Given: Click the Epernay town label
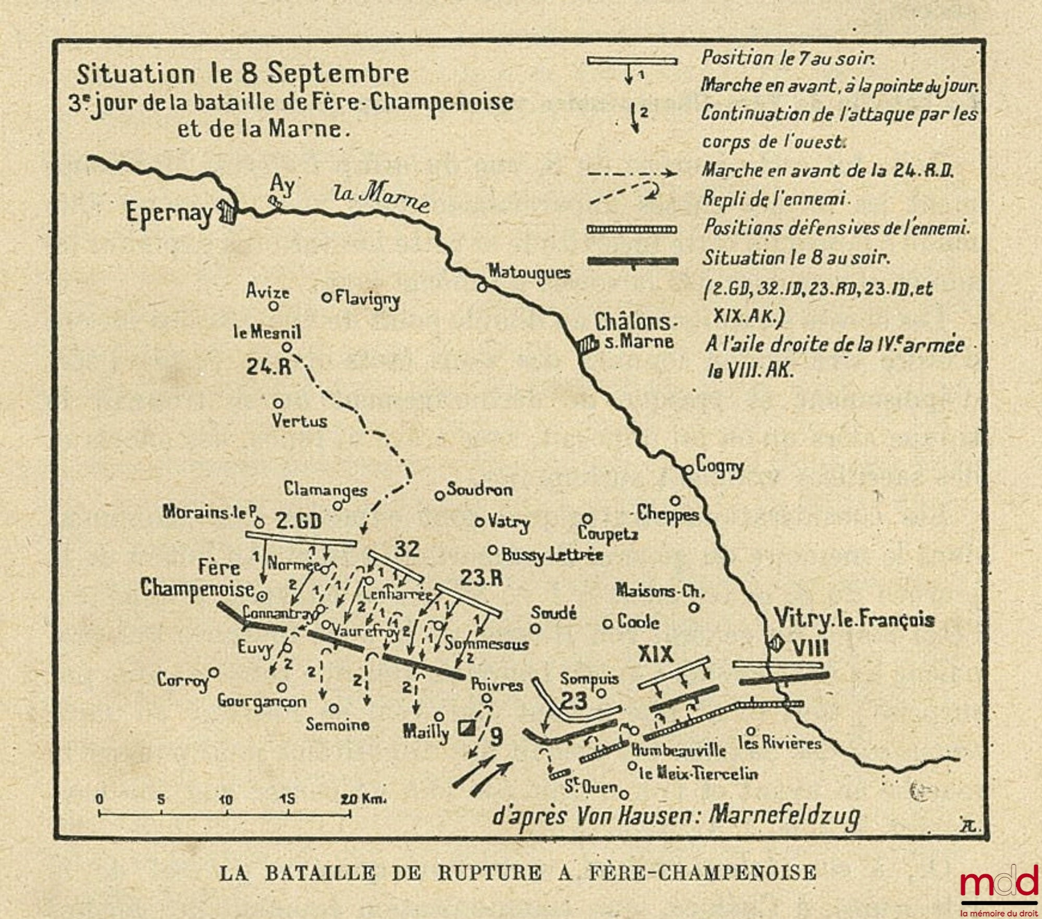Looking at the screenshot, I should (x=169, y=213).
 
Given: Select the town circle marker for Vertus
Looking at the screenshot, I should (x=278, y=403).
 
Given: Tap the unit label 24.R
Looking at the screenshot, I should (x=268, y=367).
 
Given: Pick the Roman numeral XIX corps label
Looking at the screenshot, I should (x=656, y=654).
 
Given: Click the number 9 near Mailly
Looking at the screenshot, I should (x=497, y=737).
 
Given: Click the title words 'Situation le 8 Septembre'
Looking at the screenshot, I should (x=243, y=74).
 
